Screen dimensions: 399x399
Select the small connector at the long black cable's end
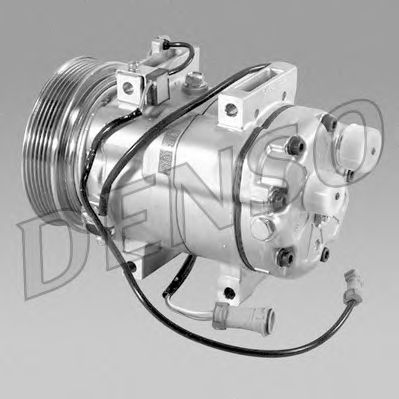tap(352, 285)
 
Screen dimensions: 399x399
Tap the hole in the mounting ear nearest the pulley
tap(128, 87)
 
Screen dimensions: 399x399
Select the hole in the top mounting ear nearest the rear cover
tap(231, 109)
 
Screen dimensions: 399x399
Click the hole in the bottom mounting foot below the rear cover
tap(229, 292)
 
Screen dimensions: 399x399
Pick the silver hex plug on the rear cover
tap(262, 228)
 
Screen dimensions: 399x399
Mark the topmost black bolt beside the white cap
tap(330, 122)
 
